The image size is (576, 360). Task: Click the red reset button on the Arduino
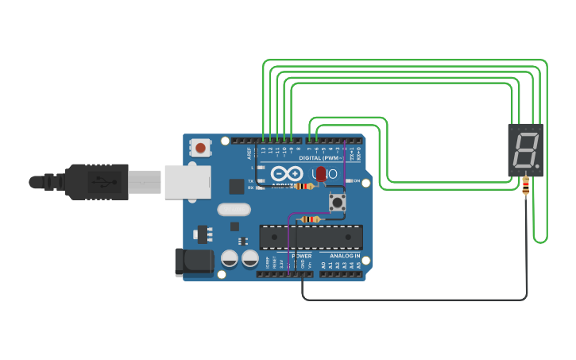[x=200, y=148]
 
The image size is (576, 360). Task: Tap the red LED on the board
[x=321, y=173]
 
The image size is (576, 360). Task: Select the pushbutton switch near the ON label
[x=338, y=203]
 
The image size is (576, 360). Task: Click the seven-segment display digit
[x=524, y=149]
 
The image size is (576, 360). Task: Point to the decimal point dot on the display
[x=538, y=166]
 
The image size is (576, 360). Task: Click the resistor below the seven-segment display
[x=526, y=185]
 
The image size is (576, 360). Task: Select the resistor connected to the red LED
[x=303, y=186]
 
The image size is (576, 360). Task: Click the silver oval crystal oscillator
[x=233, y=210]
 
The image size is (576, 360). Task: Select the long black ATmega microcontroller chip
[x=311, y=238]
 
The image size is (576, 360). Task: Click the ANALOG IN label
[x=345, y=256]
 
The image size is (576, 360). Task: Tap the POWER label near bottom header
[x=301, y=256]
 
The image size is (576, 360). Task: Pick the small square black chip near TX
[x=236, y=187]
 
